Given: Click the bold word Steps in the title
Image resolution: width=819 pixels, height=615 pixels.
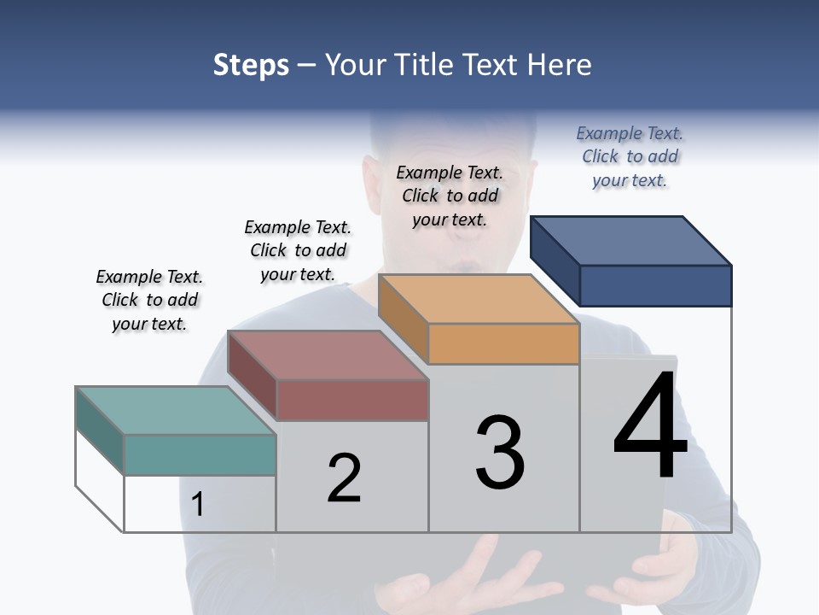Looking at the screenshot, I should [x=251, y=65].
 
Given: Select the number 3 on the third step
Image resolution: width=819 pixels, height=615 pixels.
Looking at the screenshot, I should [x=500, y=453].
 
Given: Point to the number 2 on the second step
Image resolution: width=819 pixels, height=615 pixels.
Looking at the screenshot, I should [x=345, y=478].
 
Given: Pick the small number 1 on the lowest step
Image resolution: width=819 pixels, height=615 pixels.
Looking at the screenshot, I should [x=198, y=504].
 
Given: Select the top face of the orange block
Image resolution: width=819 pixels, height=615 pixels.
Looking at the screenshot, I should [x=479, y=299].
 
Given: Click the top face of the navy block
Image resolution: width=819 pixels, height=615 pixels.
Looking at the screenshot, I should [x=631, y=240].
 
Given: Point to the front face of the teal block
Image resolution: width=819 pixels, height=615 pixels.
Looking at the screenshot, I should [x=200, y=454].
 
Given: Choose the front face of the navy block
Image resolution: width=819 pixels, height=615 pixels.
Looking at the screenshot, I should [x=655, y=285].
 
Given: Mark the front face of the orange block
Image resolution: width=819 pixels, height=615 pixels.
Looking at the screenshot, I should [x=503, y=343].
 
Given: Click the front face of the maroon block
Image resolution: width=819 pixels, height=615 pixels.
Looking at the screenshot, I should [x=351, y=400].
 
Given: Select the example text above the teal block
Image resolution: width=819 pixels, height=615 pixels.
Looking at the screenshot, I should [x=149, y=300].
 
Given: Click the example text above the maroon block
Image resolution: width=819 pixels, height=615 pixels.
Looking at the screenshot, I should [x=298, y=250].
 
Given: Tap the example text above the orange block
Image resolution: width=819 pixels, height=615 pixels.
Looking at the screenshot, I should [x=450, y=196].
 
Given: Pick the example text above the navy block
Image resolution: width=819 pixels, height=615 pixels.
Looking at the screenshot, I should [x=630, y=156].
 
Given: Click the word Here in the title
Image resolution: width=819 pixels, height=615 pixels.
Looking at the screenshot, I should [x=561, y=65].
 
